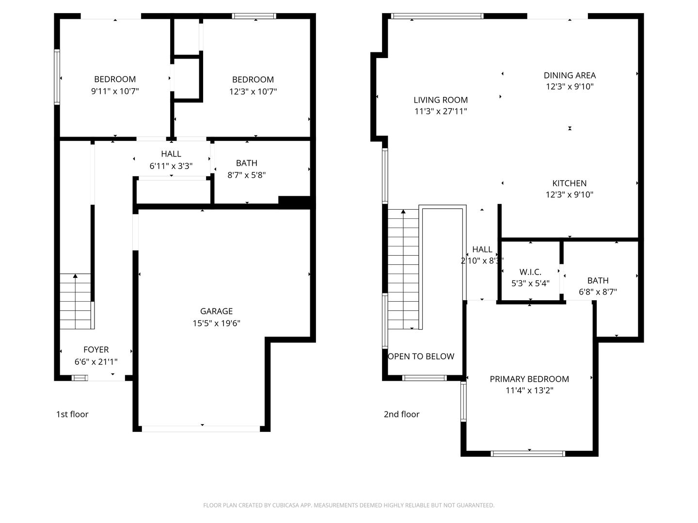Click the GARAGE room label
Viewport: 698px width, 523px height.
click(216, 311)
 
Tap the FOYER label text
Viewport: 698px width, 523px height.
click(96, 350)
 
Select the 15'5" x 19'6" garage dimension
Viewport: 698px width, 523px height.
click(216, 323)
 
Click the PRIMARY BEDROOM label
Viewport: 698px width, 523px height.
click(529, 379)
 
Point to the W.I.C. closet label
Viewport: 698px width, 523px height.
click(530, 272)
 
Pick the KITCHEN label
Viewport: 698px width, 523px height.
click(570, 184)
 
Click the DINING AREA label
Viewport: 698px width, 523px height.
click(570, 76)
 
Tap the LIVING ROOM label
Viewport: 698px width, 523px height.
click(441, 100)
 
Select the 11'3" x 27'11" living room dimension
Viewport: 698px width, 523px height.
click(441, 112)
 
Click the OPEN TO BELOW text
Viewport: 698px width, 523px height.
click(421, 356)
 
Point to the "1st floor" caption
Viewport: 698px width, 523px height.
click(72, 414)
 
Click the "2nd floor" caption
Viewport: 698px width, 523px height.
click(401, 414)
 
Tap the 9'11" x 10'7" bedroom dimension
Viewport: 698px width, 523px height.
click(115, 91)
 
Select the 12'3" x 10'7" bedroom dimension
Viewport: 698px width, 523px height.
click(253, 92)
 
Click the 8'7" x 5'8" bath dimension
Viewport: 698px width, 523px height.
click(247, 175)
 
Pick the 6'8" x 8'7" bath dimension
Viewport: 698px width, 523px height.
click(598, 292)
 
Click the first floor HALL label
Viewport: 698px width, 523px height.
click(171, 154)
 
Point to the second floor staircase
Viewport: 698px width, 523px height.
click(403, 269)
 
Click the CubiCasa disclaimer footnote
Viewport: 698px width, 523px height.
click(349, 506)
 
